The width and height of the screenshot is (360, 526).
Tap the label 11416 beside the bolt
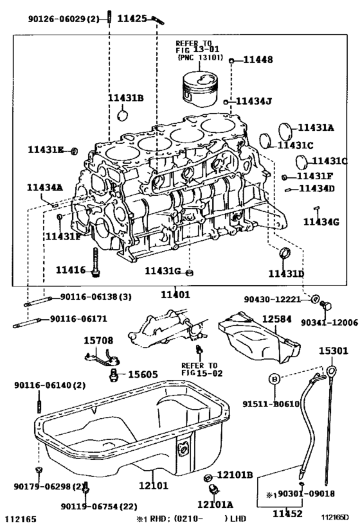coord(72,270)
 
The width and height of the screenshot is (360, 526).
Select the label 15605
coord(144,374)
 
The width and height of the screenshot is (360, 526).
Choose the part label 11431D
coord(286,273)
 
